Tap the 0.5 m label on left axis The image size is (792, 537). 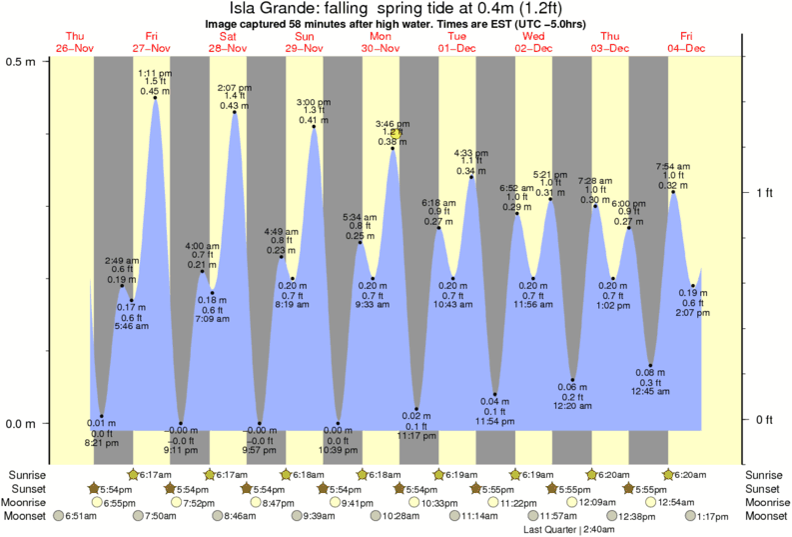(22, 61)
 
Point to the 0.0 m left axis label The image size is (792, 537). (22, 423)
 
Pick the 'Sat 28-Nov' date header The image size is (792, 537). (228, 42)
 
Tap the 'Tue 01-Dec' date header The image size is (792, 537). (457, 42)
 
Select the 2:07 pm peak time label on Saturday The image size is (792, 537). (234, 87)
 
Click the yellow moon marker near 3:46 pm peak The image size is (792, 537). (396, 133)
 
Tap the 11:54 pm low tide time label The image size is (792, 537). (494, 421)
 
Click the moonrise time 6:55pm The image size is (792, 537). (119, 502)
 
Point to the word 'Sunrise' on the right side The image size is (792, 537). (766, 474)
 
